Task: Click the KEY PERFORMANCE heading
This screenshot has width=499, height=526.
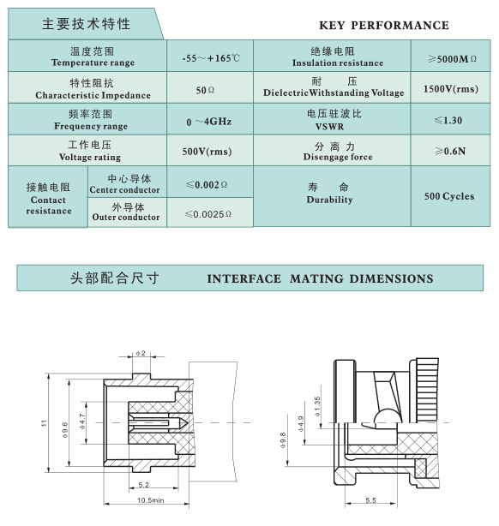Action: (384, 26)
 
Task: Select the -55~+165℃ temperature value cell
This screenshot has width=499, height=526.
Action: (211, 58)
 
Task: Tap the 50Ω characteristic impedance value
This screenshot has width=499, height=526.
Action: (205, 90)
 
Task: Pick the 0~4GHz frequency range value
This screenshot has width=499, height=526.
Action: (209, 122)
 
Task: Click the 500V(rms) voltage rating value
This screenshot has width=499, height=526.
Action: (207, 152)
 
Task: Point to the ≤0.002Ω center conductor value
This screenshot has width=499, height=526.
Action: (207, 185)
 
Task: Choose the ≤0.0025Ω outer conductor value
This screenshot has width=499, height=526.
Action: (208, 214)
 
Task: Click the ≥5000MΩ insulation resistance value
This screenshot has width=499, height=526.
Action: (452, 59)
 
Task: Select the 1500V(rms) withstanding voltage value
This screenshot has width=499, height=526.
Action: (451, 89)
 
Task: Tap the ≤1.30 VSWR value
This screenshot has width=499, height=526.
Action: (448, 121)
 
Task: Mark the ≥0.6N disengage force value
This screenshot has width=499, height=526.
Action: (450, 152)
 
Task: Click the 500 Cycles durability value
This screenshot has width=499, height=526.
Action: (449, 196)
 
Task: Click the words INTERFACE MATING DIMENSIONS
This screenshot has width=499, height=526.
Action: (320, 278)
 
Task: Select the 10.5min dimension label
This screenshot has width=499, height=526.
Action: (150, 500)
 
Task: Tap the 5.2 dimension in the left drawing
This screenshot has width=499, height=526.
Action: (143, 485)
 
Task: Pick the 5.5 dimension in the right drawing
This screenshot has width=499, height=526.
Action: (370, 500)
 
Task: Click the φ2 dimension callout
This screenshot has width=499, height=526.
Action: (141, 353)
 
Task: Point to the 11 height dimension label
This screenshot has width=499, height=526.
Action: (45, 423)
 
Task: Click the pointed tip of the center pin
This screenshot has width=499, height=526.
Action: (187, 422)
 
